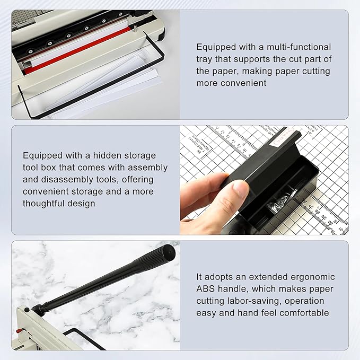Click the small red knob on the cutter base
[x=18, y=332]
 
